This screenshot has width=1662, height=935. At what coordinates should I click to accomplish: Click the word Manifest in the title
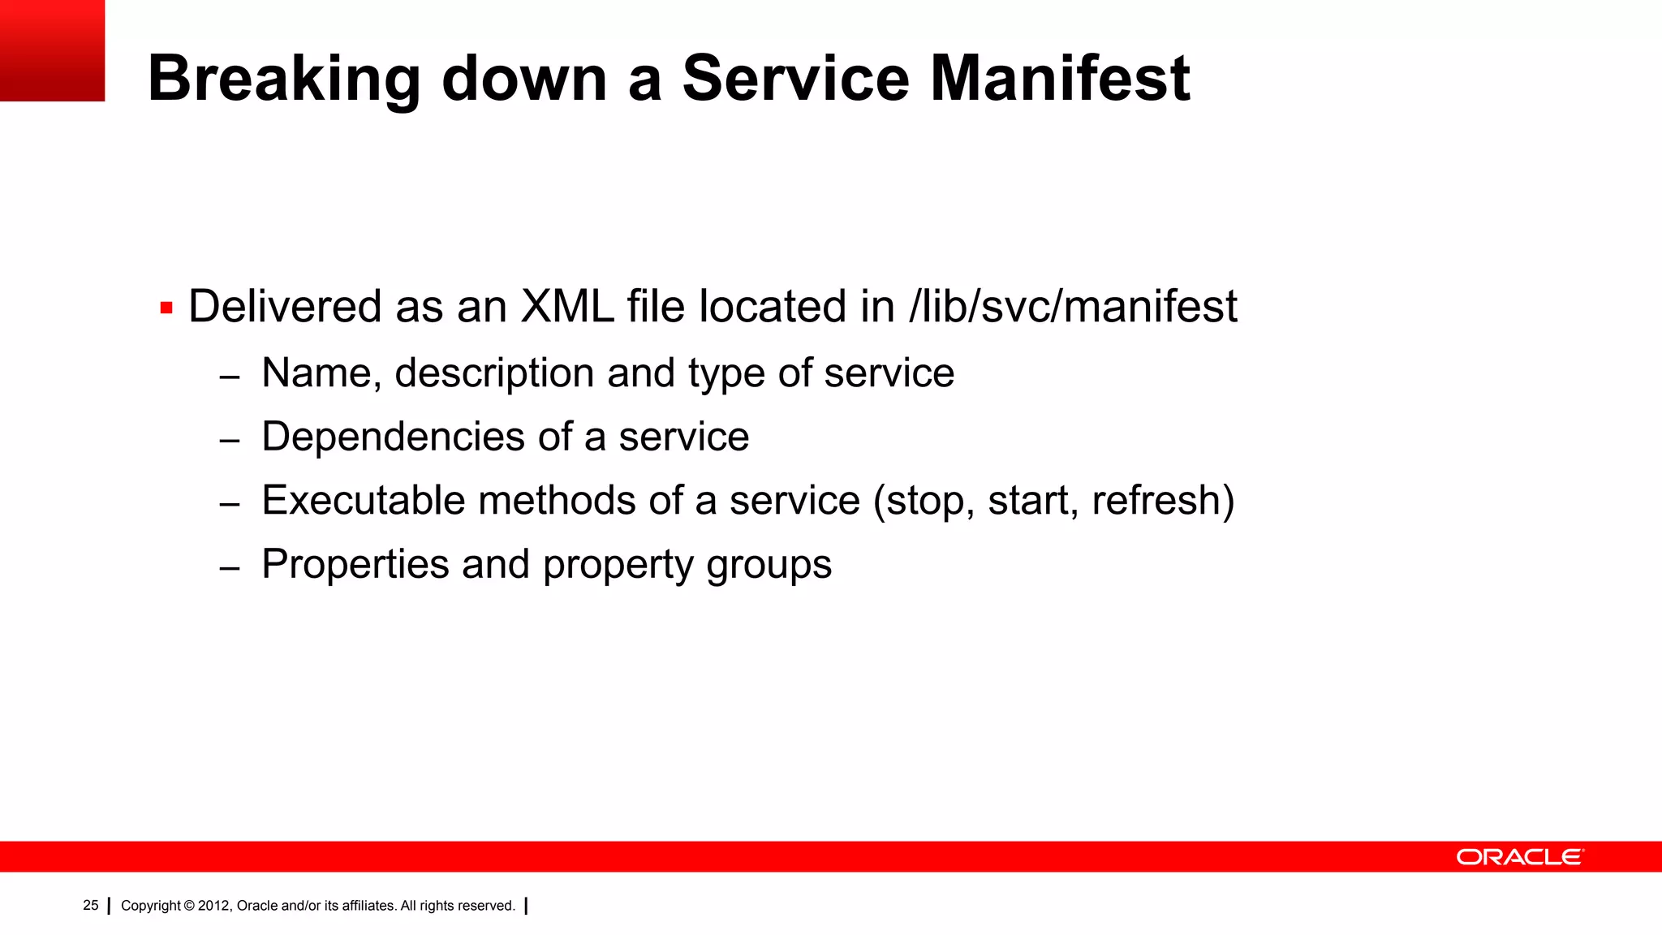[x=1059, y=79]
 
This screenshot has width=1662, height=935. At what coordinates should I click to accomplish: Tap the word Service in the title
[x=795, y=79]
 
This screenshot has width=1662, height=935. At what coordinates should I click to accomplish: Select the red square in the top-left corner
[x=52, y=50]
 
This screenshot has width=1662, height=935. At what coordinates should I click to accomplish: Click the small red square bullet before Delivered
[x=166, y=308]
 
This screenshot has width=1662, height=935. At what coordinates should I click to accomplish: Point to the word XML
[x=567, y=307]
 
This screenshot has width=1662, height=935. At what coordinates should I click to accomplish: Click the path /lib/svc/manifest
[x=1074, y=307]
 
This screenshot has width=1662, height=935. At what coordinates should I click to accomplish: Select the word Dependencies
[x=394, y=437]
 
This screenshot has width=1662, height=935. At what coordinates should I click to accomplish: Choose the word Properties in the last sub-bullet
[x=355, y=565]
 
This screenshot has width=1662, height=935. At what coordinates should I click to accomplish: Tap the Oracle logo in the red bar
[x=1519, y=857]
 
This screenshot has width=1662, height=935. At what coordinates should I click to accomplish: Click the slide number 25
[x=91, y=906]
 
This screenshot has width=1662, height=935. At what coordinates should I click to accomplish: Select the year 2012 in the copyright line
[x=214, y=906]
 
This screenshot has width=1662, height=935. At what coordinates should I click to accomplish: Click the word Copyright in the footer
[x=151, y=906]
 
